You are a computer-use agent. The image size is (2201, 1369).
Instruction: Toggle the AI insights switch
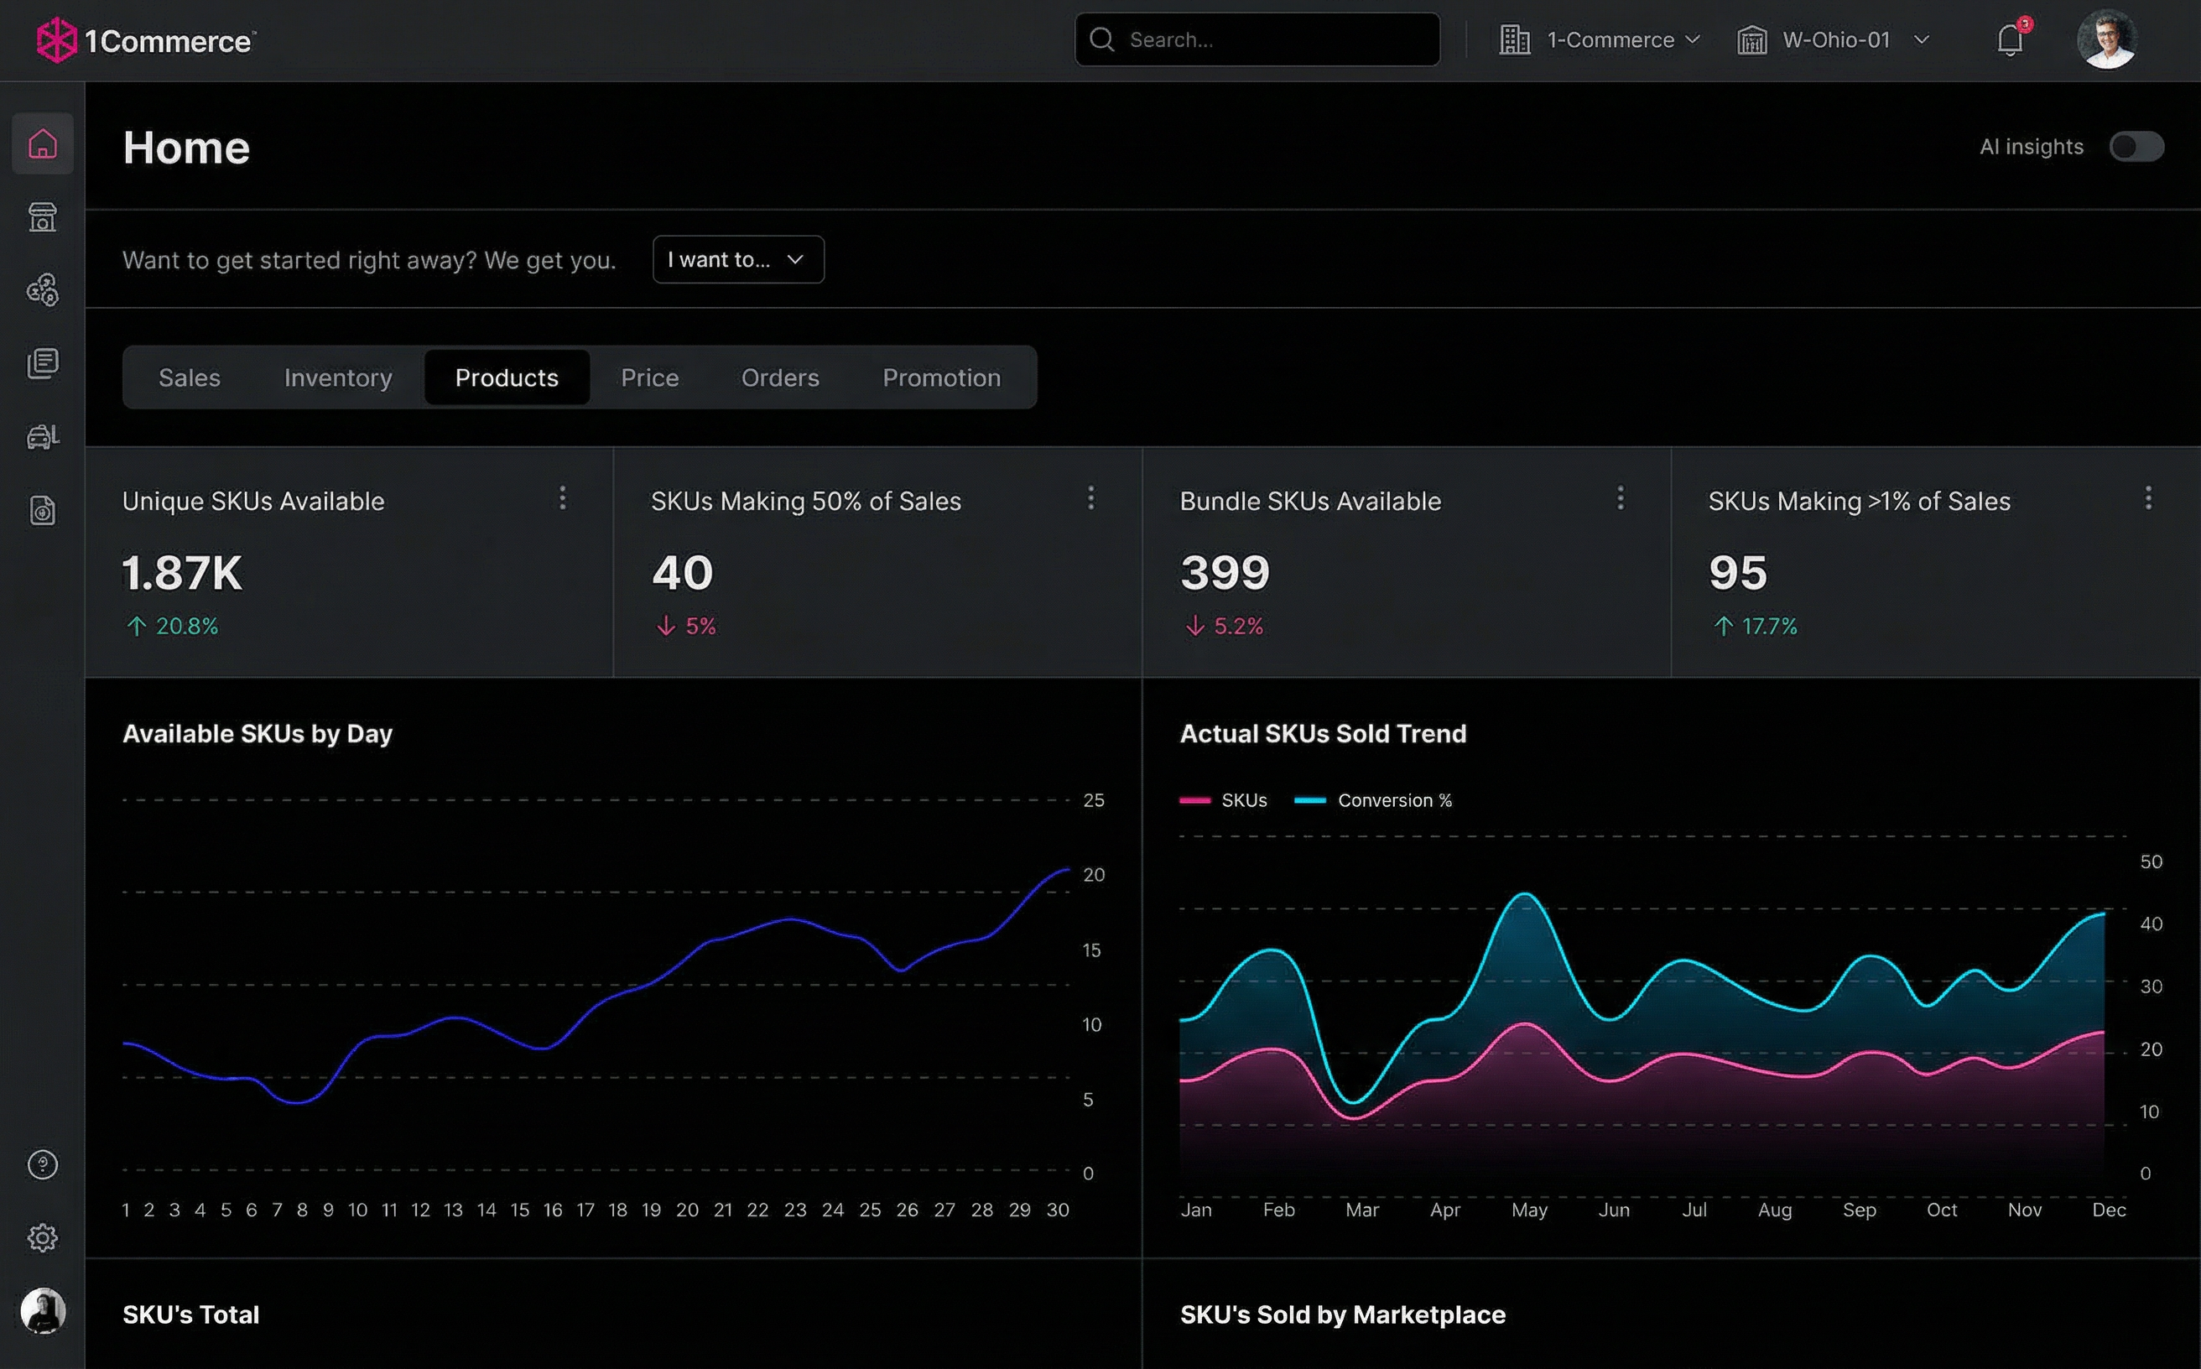pyautogui.click(x=2136, y=147)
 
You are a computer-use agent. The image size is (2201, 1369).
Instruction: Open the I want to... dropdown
pyautogui.click(x=737, y=260)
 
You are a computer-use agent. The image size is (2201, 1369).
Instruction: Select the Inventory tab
pyautogui.click(x=338, y=377)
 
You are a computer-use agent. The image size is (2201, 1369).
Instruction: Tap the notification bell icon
pyautogui.click(x=2009, y=39)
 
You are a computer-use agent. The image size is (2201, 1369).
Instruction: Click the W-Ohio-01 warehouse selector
pyautogui.click(x=1834, y=39)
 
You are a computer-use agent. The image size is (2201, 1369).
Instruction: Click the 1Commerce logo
pyautogui.click(x=145, y=41)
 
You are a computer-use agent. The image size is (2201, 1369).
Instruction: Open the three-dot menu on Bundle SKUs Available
pyautogui.click(x=1620, y=497)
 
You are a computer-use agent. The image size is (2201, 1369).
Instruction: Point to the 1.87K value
pyautogui.click(x=182, y=573)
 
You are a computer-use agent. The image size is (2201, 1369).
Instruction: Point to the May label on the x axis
pyautogui.click(x=1528, y=1210)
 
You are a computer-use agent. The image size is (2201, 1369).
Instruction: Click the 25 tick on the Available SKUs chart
pyautogui.click(x=1093, y=800)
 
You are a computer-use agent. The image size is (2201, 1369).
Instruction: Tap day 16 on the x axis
pyautogui.click(x=552, y=1210)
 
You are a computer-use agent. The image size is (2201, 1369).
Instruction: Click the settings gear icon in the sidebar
pyautogui.click(x=43, y=1237)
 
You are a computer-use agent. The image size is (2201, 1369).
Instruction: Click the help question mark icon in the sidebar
pyautogui.click(x=43, y=1164)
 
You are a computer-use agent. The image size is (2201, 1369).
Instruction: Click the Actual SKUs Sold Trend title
pyautogui.click(x=1322, y=733)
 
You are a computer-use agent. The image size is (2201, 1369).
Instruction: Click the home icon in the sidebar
pyautogui.click(x=43, y=144)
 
